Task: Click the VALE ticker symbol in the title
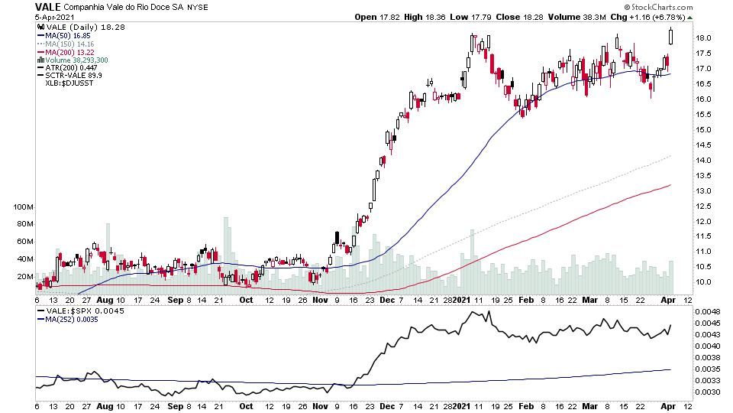pos(48,6)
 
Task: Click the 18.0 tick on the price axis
pos(703,38)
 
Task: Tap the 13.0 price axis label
pos(703,190)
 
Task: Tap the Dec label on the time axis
pos(386,301)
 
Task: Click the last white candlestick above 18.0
pos(671,35)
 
